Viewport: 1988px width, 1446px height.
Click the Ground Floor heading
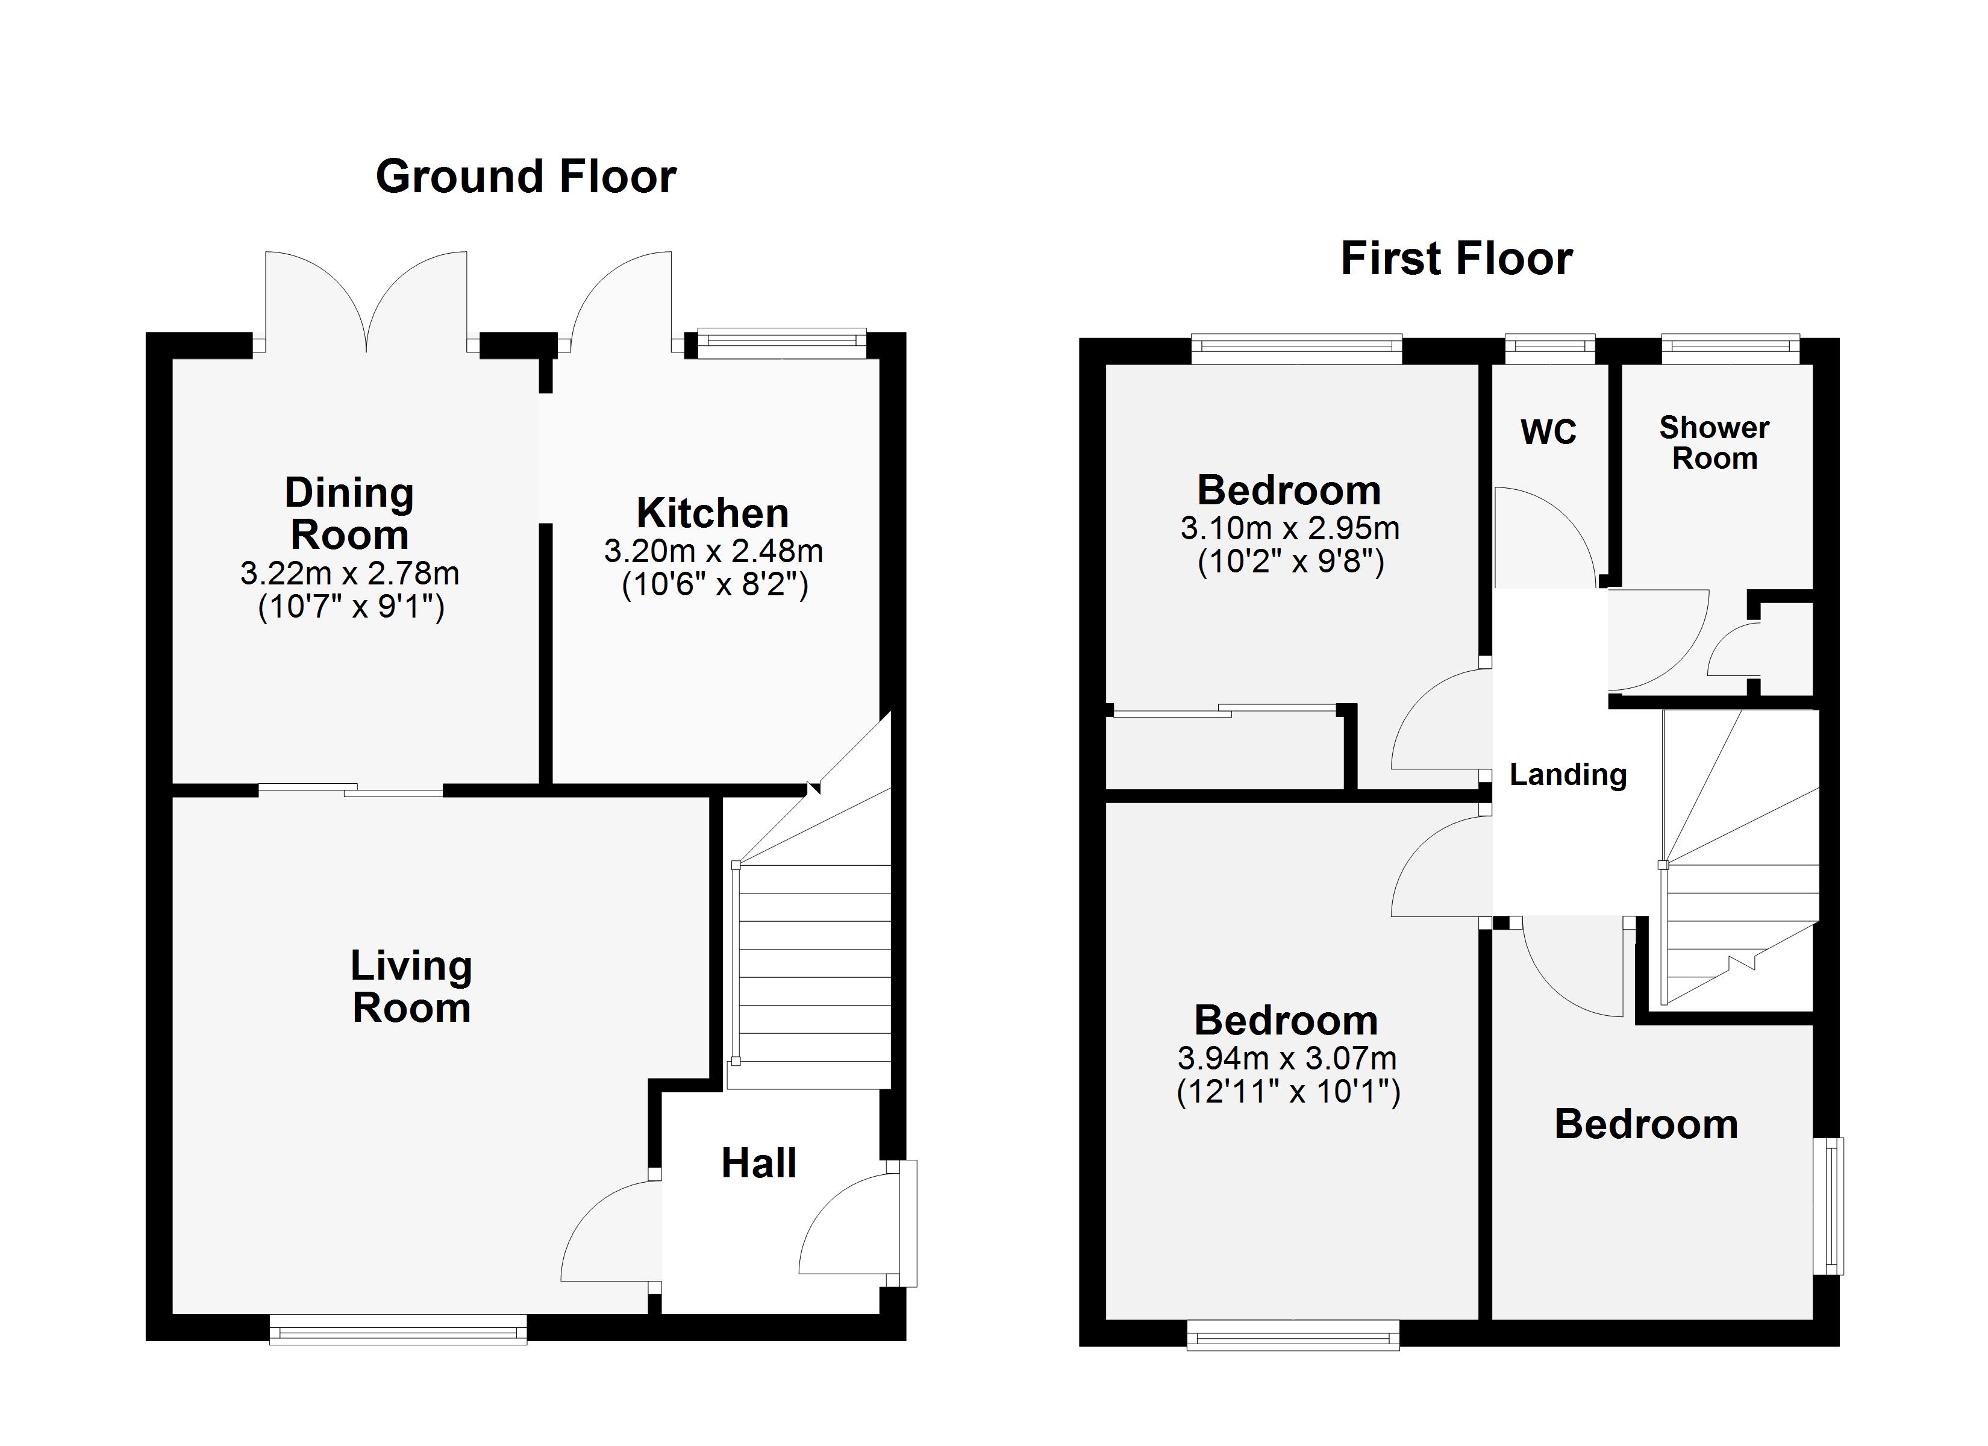525,177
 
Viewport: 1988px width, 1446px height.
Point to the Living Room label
411,986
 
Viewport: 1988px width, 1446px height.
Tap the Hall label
758,1163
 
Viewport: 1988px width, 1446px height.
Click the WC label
1548,431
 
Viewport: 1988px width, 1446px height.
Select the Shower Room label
1714,443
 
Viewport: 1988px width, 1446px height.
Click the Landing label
1568,774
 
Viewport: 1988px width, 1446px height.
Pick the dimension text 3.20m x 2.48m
713,551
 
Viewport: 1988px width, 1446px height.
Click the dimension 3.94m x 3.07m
1286,1059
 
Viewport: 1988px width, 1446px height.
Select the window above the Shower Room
1730,349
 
